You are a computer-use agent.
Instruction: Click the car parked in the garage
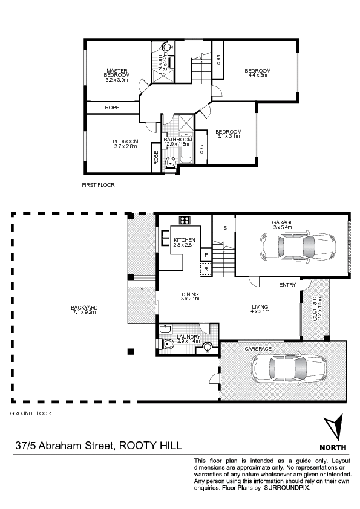pyautogui.click(x=298, y=245)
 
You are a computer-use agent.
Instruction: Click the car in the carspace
pyautogui.click(x=289, y=371)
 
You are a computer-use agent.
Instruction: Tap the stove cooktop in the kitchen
pyautogui.click(x=185, y=220)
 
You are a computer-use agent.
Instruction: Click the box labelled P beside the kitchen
pyautogui.click(x=206, y=255)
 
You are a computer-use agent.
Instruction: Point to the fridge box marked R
pyautogui.click(x=206, y=269)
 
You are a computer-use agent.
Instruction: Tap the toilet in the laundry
pyautogui.click(x=168, y=344)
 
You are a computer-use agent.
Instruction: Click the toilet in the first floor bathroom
pyautogui.click(x=170, y=162)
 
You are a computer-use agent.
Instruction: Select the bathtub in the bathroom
pyautogui.click(x=186, y=148)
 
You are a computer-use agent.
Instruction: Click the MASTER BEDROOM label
pyautogui.click(x=117, y=73)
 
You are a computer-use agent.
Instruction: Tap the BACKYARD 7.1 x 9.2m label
pyautogui.click(x=84, y=310)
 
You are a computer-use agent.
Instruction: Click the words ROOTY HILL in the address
pyautogui.click(x=151, y=445)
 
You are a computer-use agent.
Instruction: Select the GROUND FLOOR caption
pyautogui.click(x=30, y=413)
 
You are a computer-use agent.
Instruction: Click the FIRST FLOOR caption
pyautogui.click(x=98, y=185)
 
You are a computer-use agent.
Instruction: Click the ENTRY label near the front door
pyautogui.click(x=287, y=285)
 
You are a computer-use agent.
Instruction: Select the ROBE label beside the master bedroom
pyautogui.click(x=112, y=108)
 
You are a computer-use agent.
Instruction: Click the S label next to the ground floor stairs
pyautogui.click(x=225, y=228)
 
